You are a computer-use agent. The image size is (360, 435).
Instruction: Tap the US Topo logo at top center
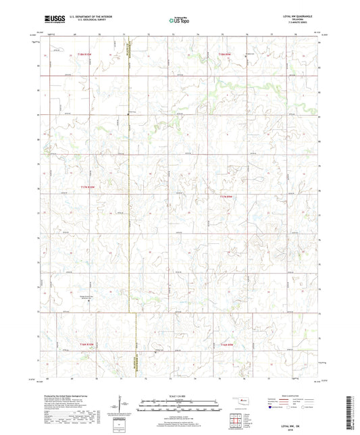coord(180,20)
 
